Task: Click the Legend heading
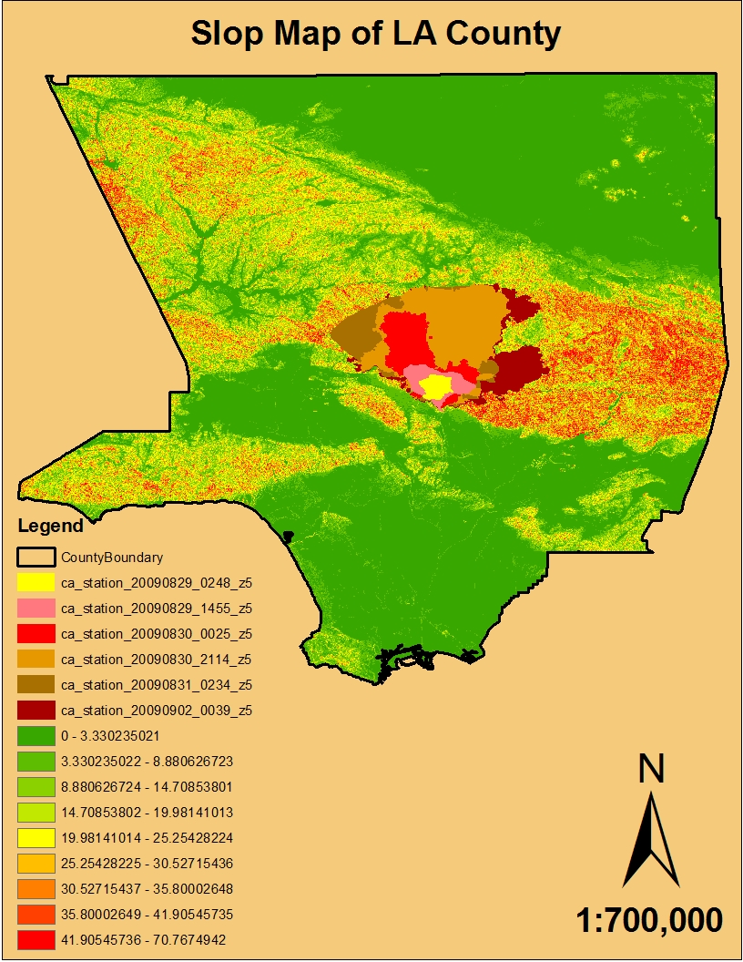point(51,526)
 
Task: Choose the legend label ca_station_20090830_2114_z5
point(156,659)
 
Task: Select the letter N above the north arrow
point(651,770)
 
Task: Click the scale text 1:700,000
point(650,919)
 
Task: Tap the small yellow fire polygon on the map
point(436,387)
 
